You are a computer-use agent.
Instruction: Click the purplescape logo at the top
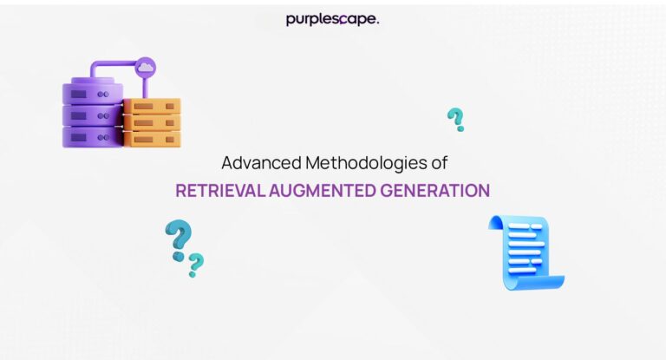tap(332, 19)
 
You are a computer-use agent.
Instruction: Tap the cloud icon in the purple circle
tap(145, 67)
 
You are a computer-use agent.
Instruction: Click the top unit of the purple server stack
tap(92, 90)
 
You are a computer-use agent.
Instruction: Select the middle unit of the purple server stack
tap(92, 114)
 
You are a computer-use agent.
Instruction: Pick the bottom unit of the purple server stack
tap(92, 136)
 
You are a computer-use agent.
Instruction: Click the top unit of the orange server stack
tap(153, 107)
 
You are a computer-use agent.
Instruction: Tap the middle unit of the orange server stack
tap(153, 122)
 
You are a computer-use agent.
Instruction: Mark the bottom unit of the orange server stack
tap(153, 138)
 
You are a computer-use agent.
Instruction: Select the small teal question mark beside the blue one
tap(197, 264)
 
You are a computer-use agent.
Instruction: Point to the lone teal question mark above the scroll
tap(455, 119)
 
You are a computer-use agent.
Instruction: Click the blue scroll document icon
tap(526, 252)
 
